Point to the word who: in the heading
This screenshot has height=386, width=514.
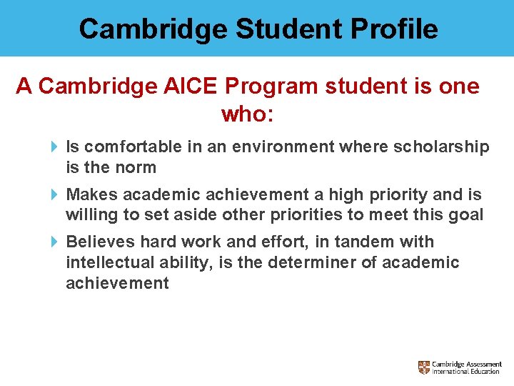(x=248, y=114)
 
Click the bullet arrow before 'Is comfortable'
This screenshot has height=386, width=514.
(x=55, y=147)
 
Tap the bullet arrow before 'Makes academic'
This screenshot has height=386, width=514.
(x=55, y=194)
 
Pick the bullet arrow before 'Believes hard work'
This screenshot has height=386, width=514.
(x=55, y=242)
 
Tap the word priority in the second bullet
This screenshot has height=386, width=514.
(x=397, y=194)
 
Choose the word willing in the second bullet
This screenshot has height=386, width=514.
(x=89, y=215)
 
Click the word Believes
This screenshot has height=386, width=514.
(x=96, y=242)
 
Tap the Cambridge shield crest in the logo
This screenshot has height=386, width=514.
(x=424, y=367)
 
